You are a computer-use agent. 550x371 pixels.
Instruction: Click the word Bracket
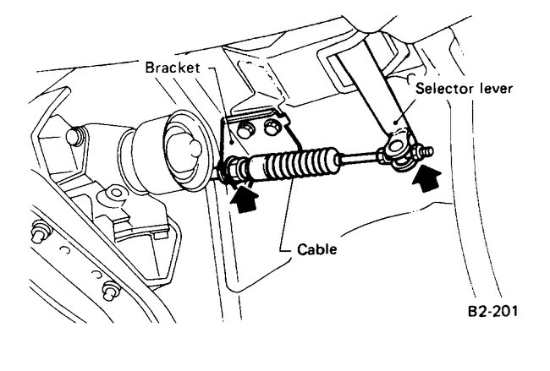(x=171, y=67)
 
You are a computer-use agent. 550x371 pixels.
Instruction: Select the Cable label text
(x=317, y=251)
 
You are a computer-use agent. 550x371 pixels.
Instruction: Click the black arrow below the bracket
(x=244, y=200)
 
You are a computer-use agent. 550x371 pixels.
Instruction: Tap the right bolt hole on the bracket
(x=272, y=127)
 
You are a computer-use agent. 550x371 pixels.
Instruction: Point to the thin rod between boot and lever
(x=360, y=156)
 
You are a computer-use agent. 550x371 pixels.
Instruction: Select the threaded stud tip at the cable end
(x=427, y=151)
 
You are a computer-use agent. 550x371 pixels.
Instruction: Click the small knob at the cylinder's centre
(x=191, y=149)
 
